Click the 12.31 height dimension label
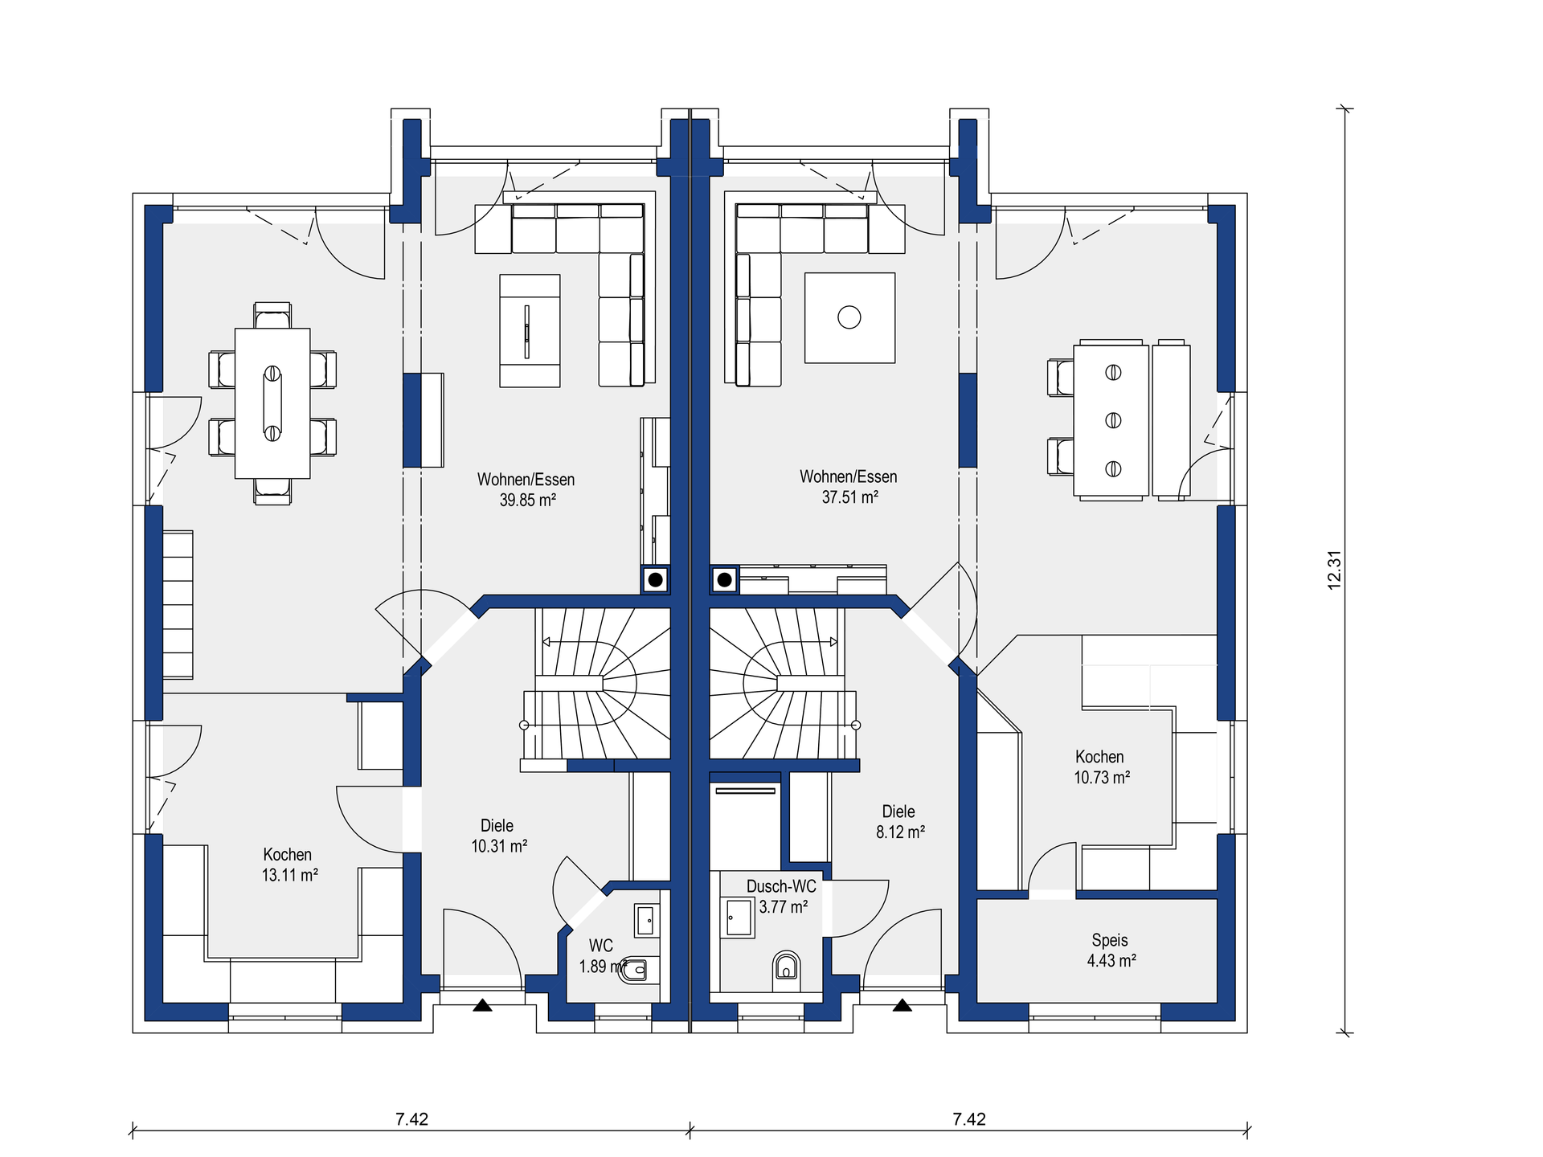pos(1334,570)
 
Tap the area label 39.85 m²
pos(528,500)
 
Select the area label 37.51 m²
pos(849,497)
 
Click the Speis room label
pos(1110,940)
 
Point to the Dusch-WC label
pos(781,886)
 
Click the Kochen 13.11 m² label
pos(289,865)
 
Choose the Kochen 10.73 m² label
pos(1101,767)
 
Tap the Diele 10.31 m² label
pos(498,836)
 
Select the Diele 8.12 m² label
pos(899,822)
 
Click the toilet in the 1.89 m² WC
pos(636,970)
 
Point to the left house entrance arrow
pos(482,1004)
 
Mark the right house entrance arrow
pos(902,1004)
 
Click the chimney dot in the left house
pos(656,579)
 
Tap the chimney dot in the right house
pos(724,579)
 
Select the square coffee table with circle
pos(849,317)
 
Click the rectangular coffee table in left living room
pos(530,330)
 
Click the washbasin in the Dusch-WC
pos(739,917)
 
